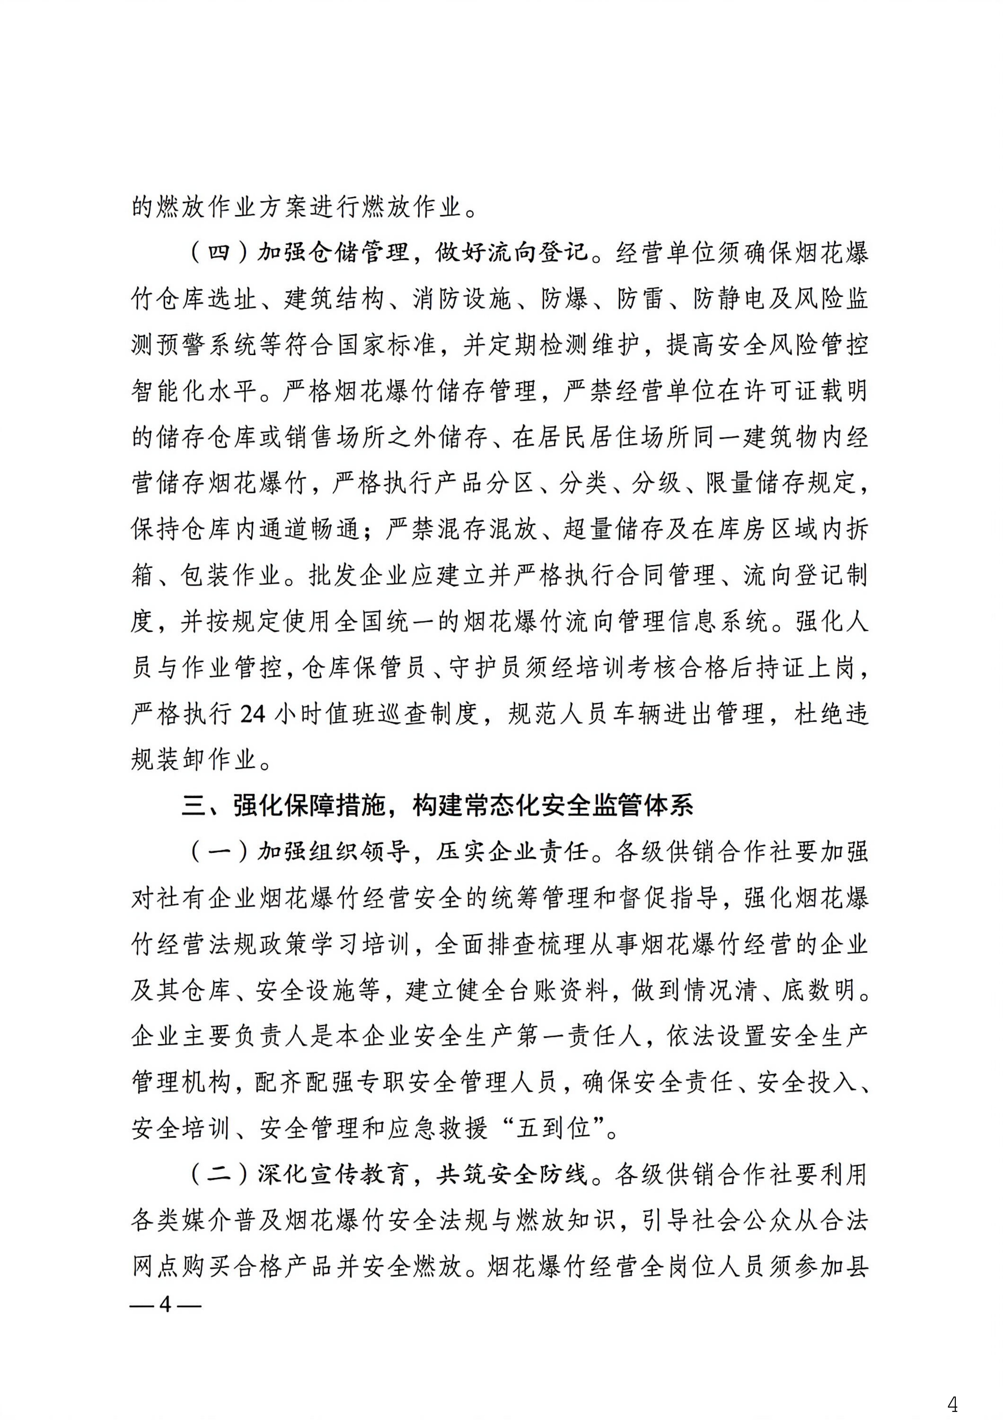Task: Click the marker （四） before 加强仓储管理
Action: pyautogui.click(x=220, y=252)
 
